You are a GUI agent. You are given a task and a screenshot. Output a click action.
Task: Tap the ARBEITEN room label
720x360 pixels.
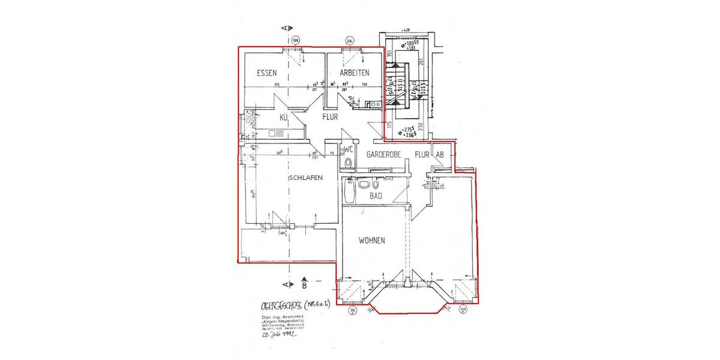tap(354, 73)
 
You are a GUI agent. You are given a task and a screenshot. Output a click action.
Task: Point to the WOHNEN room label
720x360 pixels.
tap(372, 241)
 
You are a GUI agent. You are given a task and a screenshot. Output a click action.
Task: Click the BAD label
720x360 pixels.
tap(376, 196)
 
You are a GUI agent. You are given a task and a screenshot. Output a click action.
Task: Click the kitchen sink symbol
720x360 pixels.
tap(277, 134)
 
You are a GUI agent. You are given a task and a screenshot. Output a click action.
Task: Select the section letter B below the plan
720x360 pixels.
tap(304, 286)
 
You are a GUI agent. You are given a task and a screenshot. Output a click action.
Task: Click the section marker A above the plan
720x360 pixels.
tap(286, 28)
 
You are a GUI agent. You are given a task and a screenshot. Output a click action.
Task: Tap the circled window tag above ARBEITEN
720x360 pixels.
tap(349, 41)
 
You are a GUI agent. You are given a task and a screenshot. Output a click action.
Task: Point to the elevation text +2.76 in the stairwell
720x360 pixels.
tap(410, 130)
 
